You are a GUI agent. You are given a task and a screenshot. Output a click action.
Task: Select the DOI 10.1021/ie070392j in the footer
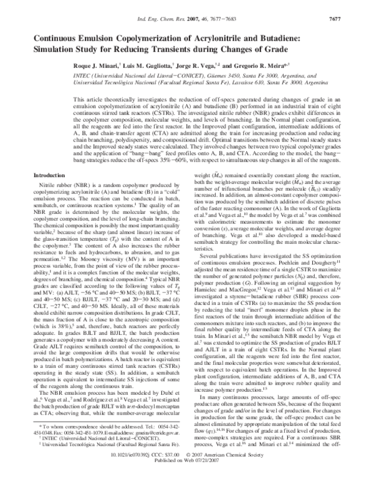137,472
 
